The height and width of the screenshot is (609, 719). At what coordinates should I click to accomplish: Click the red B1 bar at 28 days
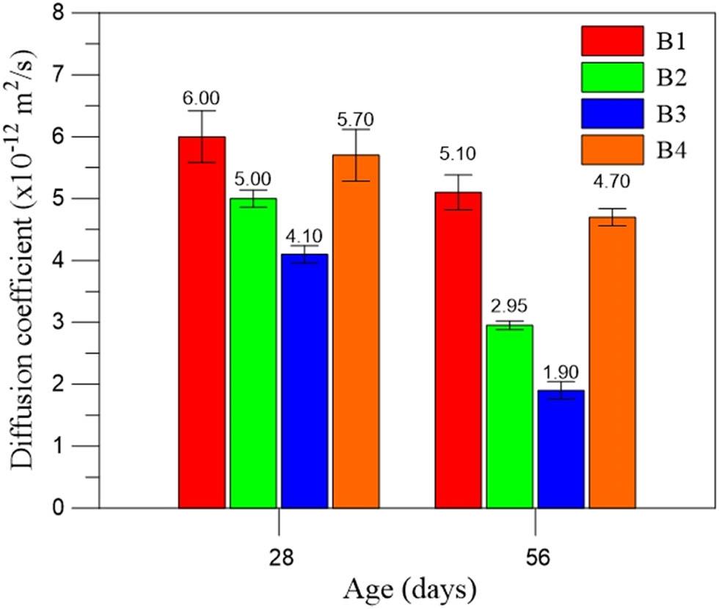pos(202,323)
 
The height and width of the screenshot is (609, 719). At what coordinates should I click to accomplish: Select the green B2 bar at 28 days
pos(253,353)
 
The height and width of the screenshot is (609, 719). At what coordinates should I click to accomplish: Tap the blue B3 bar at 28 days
pos(304,381)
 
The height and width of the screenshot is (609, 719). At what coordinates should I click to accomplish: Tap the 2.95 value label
pos(510,307)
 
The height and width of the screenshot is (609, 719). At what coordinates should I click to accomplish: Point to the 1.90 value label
pos(561,368)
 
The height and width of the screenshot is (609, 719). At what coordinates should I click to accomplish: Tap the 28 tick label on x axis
pos(280,558)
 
